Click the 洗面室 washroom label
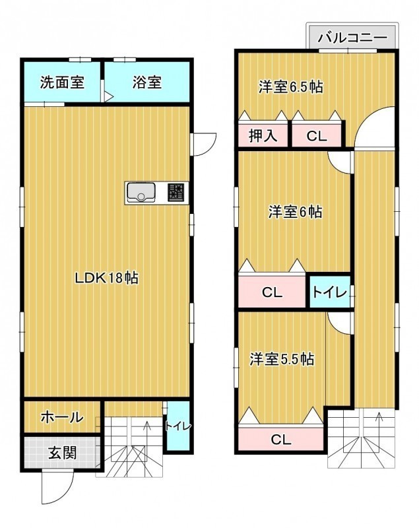click(62, 82)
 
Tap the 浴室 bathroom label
click(146, 82)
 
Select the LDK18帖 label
click(106, 278)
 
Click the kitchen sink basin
click(141, 192)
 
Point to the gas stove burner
click(176, 193)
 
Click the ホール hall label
click(62, 418)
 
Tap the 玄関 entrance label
click(63, 453)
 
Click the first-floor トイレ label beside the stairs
click(178, 426)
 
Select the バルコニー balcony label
click(352, 38)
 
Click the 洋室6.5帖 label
click(291, 87)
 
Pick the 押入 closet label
click(263, 136)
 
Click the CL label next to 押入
click(317, 136)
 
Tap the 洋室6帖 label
click(295, 212)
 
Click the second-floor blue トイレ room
click(330, 292)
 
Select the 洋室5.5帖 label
click(282, 359)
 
